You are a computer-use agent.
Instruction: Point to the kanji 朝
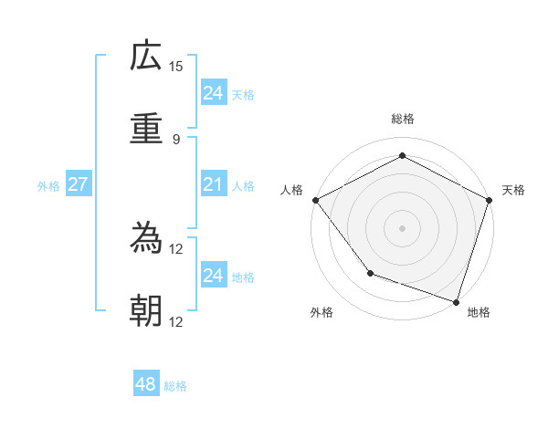(146, 311)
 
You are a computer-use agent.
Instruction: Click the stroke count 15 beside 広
(176, 67)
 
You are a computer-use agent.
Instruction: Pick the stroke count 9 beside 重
(175, 139)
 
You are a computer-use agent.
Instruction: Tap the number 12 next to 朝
(176, 321)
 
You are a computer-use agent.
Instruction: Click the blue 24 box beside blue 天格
(213, 93)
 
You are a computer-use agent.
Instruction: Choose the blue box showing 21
(213, 185)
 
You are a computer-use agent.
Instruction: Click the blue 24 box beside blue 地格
(213, 276)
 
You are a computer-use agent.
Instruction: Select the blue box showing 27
(78, 184)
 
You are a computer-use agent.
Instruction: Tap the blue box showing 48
(146, 384)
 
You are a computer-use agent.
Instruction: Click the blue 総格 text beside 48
(175, 386)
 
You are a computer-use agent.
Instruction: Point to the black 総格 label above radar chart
(403, 119)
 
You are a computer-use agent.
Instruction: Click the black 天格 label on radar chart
(514, 190)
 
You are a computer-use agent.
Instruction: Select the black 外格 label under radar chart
(321, 312)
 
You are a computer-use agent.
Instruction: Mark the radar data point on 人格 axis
(315, 200)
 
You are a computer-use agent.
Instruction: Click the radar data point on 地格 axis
(456, 301)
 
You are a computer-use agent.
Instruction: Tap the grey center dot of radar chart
(402, 227)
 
